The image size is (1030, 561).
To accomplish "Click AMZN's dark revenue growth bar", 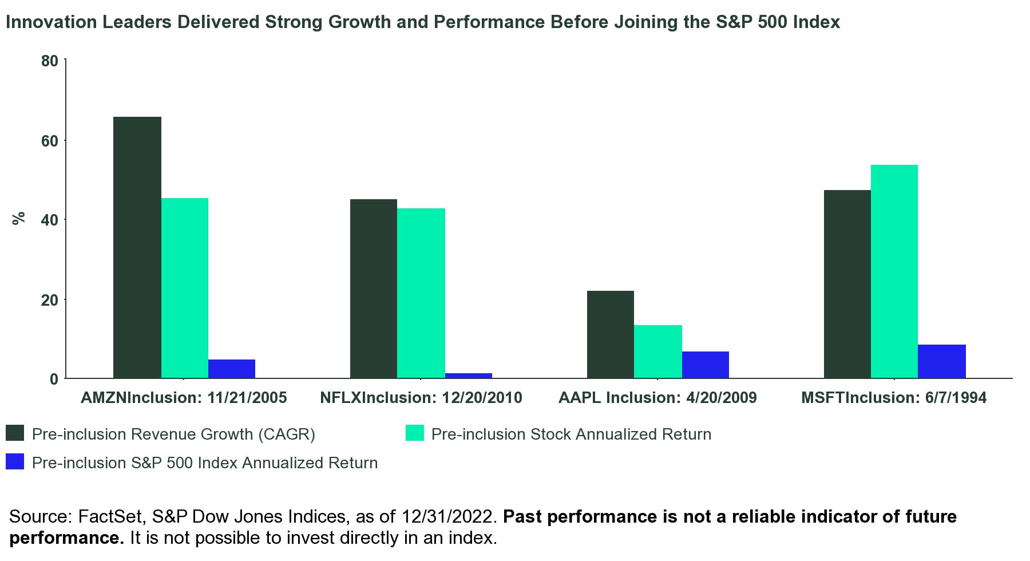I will click(x=137, y=247).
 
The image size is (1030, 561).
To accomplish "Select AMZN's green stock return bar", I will click(x=185, y=288).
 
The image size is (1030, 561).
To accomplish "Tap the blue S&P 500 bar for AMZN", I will click(x=232, y=369).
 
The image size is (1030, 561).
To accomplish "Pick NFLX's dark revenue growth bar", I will click(x=374, y=289).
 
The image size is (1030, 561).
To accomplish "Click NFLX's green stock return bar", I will click(x=421, y=293).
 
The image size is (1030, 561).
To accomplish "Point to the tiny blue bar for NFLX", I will click(x=469, y=376).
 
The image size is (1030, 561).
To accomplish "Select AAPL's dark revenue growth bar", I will click(x=611, y=334).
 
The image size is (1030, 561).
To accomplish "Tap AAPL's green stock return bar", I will click(x=658, y=351).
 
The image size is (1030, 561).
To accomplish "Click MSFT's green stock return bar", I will click(x=894, y=271).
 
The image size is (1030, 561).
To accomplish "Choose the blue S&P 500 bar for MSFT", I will click(x=942, y=361).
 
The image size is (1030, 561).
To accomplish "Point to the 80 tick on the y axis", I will click(x=50, y=61).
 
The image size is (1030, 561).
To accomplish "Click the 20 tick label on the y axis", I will click(x=50, y=299).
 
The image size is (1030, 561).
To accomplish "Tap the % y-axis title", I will click(x=19, y=218).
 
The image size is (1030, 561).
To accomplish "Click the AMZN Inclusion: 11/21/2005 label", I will click(x=184, y=398).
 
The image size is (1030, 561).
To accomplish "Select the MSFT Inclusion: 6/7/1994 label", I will click(x=894, y=398).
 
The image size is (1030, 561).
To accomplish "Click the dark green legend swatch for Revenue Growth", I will click(x=15, y=433).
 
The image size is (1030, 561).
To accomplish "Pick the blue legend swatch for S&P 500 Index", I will click(x=15, y=462).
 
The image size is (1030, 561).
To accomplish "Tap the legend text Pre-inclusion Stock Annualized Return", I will click(x=571, y=434).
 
